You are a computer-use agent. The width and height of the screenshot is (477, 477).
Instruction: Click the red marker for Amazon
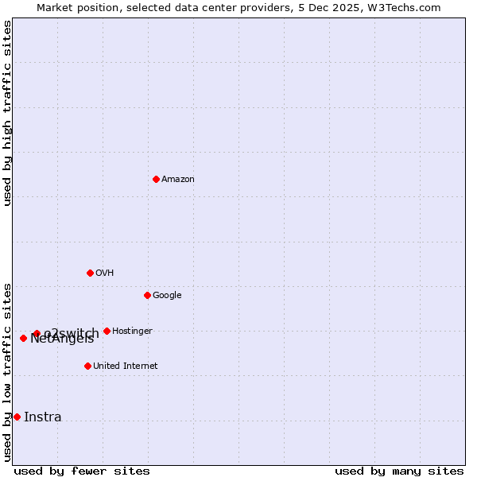pyautogui.click(x=156, y=179)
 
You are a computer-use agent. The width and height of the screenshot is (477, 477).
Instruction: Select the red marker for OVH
pyautogui.click(x=90, y=273)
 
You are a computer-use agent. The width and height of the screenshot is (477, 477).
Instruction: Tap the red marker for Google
pyautogui.click(x=147, y=295)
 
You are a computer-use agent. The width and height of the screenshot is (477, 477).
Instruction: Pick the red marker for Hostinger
pyautogui.click(x=107, y=331)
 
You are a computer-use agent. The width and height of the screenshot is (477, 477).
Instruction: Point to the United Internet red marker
pyautogui.click(x=87, y=366)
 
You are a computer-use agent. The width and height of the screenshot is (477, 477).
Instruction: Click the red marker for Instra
pyautogui.click(x=17, y=417)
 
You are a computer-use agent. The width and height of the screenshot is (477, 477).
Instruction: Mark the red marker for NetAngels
pyautogui.click(x=23, y=338)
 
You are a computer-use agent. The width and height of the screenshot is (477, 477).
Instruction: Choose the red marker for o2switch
pyautogui.click(x=37, y=333)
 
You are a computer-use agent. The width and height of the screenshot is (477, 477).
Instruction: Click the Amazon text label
pyautogui.click(x=178, y=180)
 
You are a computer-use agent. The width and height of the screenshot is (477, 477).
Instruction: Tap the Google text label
pyautogui.click(x=167, y=296)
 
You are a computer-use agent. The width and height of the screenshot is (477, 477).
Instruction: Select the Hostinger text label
pyautogui.click(x=132, y=332)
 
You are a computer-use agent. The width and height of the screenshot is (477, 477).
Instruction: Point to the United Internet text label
pyautogui.click(x=126, y=366)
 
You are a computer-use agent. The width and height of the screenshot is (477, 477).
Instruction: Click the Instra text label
pyautogui.click(x=43, y=417)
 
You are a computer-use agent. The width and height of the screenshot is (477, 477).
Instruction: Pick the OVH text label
pyautogui.click(x=105, y=273)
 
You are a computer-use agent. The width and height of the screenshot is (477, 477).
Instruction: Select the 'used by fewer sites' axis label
pyautogui.click(x=82, y=471)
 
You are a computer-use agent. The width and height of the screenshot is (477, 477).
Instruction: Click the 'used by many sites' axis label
pyautogui.click(x=399, y=471)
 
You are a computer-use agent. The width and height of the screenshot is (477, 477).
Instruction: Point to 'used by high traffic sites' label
pyautogui.click(x=7, y=113)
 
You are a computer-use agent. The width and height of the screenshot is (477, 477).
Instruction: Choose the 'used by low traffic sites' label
pyautogui.click(x=7, y=371)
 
